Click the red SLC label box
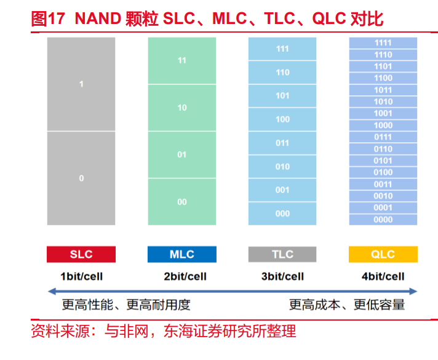click(81, 254)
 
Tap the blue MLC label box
click(182, 254)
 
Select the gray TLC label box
click(282, 254)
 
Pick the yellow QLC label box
click(383, 254)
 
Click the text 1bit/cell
click(82, 276)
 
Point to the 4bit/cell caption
click(383, 276)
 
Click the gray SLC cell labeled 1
click(81, 84)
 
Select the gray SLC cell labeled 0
click(81, 178)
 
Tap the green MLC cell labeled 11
click(182, 60)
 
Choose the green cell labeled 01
click(182, 154)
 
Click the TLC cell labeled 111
click(282, 49)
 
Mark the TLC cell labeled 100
click(282, 119)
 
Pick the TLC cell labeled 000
click(282, 214)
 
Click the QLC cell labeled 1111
click(383, 42)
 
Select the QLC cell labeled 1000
click(383, 125)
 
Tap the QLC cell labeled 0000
click(383, 220)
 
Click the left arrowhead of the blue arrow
click(52, 292)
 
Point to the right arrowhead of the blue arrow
click(413, 292)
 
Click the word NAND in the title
click(98, 18)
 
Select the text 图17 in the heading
click(48, 18)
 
